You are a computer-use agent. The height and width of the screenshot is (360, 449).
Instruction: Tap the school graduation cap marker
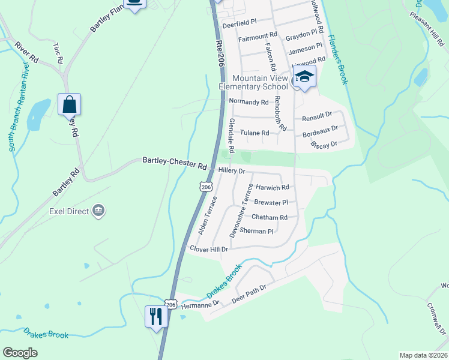[304, 77]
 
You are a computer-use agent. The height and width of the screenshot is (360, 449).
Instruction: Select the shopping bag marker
[70, 104]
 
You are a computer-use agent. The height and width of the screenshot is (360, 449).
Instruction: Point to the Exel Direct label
[68, 211]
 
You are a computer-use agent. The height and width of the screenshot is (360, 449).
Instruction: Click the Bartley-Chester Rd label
[174, 161]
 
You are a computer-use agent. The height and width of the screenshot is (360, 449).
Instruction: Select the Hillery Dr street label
[232, 171]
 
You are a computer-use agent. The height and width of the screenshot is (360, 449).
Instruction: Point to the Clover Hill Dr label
[209, 248]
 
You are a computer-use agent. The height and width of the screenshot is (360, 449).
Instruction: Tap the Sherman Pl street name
[256, 231]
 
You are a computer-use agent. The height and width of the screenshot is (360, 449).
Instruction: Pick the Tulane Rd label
[254, 133]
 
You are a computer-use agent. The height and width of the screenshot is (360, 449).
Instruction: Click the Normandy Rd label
[249, 102]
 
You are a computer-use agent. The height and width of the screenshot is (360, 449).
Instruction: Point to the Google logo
[20, 353]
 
